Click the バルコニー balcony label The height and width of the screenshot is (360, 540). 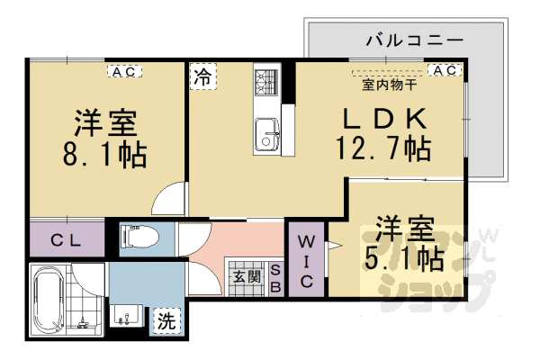tap(415, 40)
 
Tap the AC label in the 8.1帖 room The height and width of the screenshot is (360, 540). tap(124, 68)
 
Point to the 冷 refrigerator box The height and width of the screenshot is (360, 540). tap(202, 77)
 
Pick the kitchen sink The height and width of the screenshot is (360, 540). tap(267, 137)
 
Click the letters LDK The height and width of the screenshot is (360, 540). tap(382, 117)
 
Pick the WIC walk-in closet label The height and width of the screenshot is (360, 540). tap(306, 261)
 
